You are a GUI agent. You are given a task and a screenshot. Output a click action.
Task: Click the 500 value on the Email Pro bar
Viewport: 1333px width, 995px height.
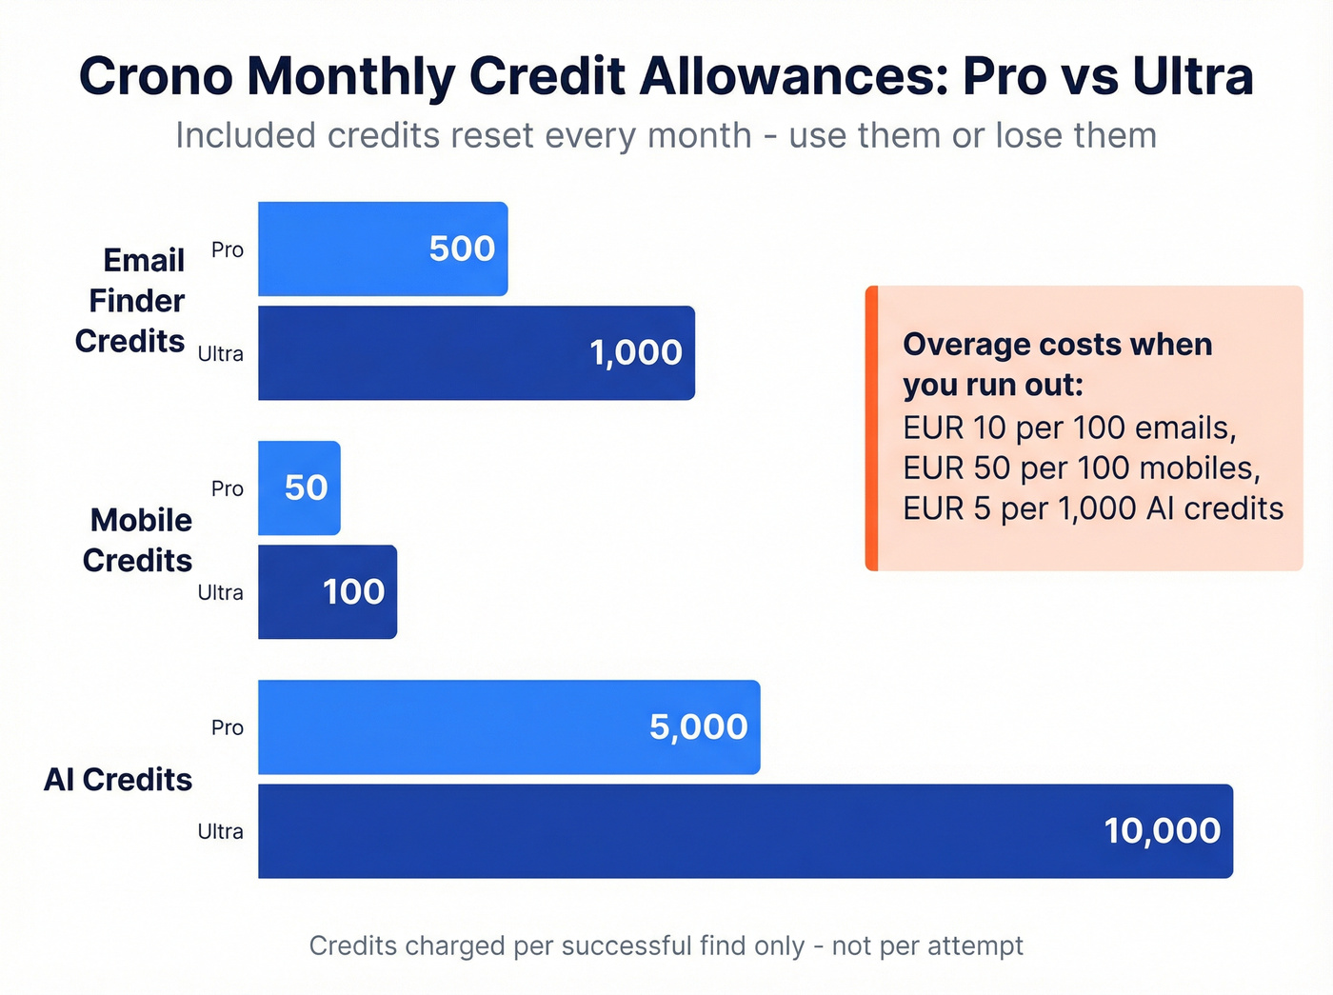(x=462, y=249)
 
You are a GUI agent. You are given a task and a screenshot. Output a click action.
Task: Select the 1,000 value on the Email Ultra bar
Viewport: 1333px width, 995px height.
(x=635, y=353)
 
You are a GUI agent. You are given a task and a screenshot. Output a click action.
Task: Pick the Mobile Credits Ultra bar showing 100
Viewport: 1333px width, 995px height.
(x=328, y=592)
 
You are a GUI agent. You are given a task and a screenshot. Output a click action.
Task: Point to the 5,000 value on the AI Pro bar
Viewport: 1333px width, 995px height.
(x=698, y=727)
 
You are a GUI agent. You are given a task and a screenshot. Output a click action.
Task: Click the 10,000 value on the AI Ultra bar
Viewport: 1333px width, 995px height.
(x=1162, y=831)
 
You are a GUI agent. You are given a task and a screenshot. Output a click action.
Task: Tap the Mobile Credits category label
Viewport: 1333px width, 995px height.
(x=138, y=540)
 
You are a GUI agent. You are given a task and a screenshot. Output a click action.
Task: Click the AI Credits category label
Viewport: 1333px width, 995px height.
(x=118, y=780)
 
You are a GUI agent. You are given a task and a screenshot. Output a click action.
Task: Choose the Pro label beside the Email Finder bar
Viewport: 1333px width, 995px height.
(x=228, y=250)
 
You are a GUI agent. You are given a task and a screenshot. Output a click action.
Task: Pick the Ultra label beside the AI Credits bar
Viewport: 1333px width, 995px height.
(x=220, y=831)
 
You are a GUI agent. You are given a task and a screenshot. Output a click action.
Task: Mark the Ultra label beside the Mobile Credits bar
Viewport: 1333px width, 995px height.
(x=220, y=592)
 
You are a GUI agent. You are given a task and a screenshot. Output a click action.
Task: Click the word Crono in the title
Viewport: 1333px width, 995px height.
(x=155, y=76)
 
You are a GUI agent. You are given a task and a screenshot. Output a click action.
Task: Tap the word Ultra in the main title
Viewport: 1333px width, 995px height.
(x=1192, y=76)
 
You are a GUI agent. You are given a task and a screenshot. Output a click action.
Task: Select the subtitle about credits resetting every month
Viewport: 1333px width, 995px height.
(x=666, y=136)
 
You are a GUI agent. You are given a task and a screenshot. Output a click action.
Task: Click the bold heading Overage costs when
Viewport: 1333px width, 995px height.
(x=1057, y=345)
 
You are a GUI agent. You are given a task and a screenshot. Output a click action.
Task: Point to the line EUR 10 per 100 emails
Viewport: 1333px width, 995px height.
(x=1069, y=428)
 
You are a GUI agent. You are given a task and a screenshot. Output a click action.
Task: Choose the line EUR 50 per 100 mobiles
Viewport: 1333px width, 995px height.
(x=1081, y=468)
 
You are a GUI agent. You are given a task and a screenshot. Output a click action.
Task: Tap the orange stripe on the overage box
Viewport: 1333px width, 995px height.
(x=871, y=428)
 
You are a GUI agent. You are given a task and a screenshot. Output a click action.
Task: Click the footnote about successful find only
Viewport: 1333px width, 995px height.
(x=666, y=945)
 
